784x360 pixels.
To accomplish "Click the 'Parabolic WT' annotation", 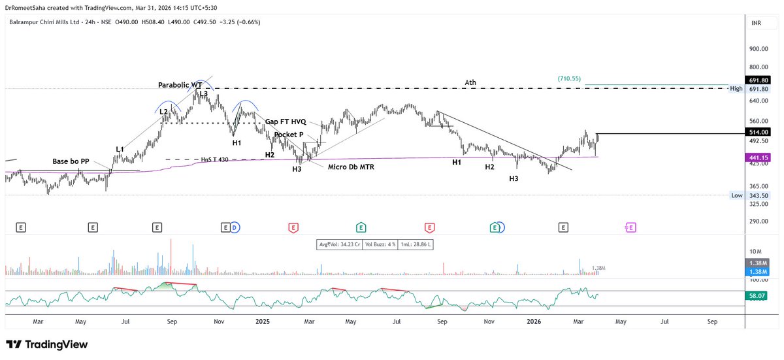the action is point(180,85).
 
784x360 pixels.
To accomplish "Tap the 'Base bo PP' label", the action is point(71,161).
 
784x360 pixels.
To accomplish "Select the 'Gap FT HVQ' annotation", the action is point(286,122).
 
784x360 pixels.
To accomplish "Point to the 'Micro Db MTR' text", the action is point(351,167).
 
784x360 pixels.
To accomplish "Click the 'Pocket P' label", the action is point(289,135).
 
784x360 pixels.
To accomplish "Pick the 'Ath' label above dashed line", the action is point(470,82).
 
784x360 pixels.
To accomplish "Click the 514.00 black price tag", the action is point(759,132).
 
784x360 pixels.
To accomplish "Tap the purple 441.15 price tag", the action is point(759,157).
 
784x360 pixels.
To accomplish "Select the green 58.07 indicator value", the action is point(757,296).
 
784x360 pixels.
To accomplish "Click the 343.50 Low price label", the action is point(759,195).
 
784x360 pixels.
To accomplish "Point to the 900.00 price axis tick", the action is point(759,49).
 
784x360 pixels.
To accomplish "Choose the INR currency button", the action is point(757,23).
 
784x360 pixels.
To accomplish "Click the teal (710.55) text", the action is point(569,78).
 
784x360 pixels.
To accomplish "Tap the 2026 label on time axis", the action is point(534,321).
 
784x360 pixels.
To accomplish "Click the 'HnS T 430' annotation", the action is point(214,159).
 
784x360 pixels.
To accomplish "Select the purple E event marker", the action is point(630,228).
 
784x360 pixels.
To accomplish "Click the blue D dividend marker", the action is point(235,228).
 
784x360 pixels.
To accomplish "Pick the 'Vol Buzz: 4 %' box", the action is point(380,244).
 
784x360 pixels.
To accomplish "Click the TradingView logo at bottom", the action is point(47,344).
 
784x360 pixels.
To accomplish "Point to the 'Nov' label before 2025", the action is point(219,321).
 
